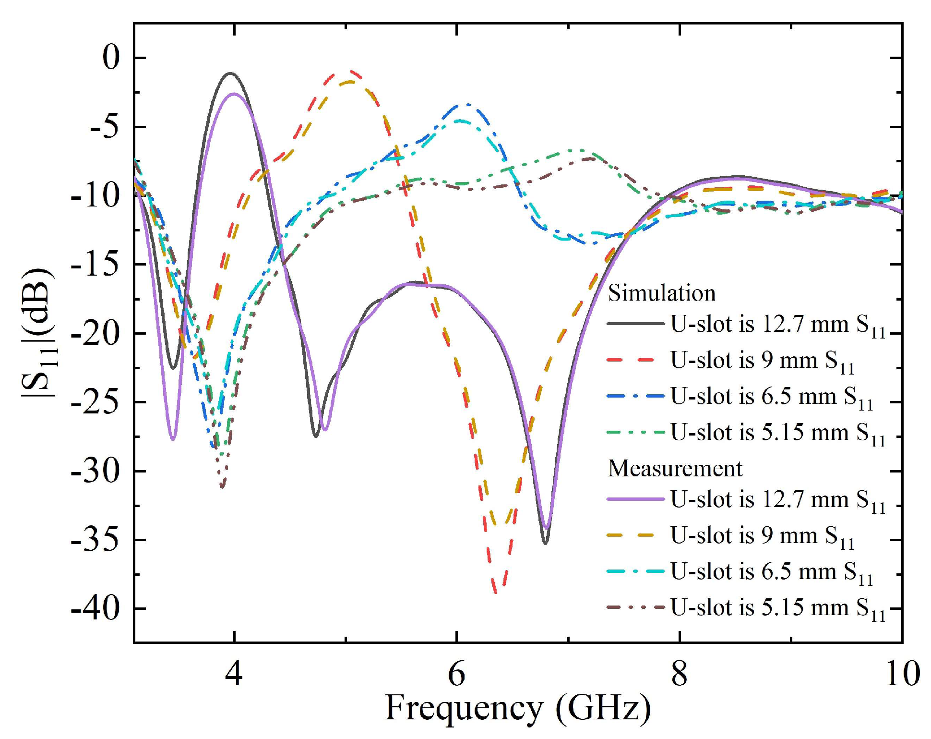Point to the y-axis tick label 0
(x=110, y=58)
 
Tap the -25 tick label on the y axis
(x=95, y=402)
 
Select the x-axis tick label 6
(x=456, y=673)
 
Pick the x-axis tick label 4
(x=234, y=673)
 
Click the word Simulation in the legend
(x=661, y=293)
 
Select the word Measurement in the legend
(x=675, y=468)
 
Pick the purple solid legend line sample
(x=635, y=499)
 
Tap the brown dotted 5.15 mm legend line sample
(x=635, y=607)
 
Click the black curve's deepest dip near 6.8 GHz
(x=545, y=543)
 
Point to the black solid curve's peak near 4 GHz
(x=230, y=73)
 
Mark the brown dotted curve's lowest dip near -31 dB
(x=222, y=487)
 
